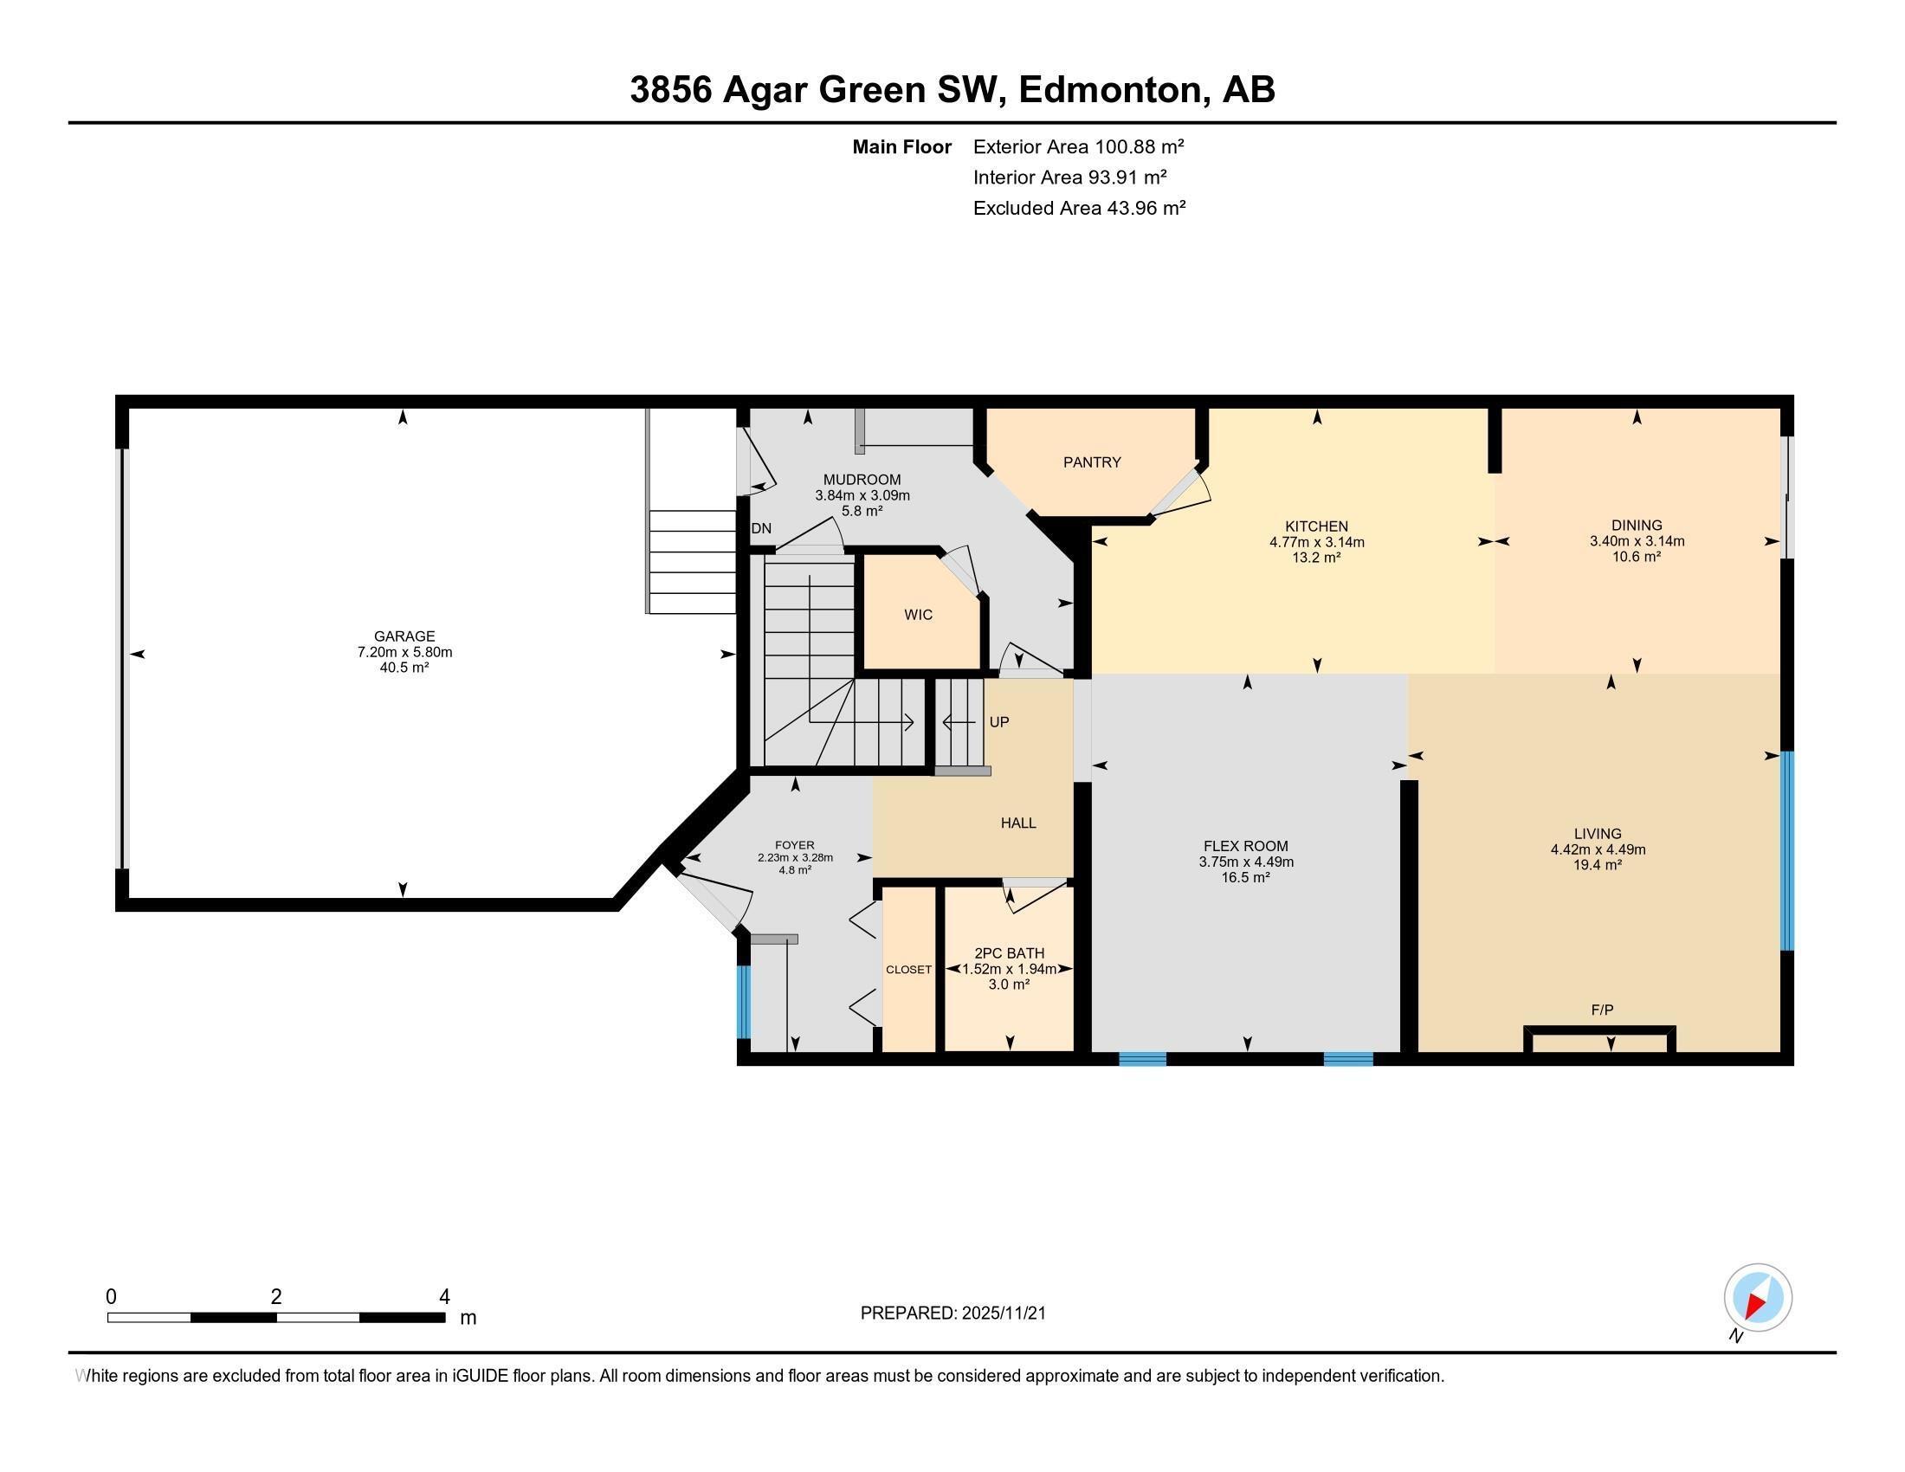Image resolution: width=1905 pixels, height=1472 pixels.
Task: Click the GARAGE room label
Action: [404, 636]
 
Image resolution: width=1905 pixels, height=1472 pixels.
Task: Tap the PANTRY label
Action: [1091, 462]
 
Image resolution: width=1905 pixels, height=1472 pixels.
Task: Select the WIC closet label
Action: [918, 615]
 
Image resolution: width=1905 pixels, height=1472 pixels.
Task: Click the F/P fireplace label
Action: [1601, 1010]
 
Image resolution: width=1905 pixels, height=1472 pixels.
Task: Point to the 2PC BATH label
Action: [1009, 953]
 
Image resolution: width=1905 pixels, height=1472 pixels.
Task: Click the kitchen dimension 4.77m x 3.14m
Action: [1316, 542]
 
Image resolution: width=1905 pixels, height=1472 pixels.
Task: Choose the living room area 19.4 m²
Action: [1597, 865]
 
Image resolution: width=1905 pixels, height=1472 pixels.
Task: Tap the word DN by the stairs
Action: [760, 528]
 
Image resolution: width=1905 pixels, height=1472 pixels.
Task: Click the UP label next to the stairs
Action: [998, 722]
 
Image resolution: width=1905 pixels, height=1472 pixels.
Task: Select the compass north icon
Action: [1758, 1298]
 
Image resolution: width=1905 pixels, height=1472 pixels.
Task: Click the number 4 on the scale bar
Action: [444, 1297]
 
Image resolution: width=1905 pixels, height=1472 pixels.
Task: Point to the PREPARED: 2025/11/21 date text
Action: [953, 1314]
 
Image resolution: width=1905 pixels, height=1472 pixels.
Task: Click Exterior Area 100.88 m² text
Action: [1078, 146]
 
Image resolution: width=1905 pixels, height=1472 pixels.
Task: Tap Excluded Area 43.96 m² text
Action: [1079, 208]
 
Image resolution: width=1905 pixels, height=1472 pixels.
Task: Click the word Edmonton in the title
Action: [1109, 90]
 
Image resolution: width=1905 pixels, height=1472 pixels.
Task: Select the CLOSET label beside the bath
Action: [908, 970]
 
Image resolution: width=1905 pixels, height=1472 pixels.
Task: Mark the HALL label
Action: [1018, 823]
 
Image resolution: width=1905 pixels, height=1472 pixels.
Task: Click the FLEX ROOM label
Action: [1244, 846]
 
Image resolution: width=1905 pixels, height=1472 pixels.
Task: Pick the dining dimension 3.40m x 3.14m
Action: [1637, 540]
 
